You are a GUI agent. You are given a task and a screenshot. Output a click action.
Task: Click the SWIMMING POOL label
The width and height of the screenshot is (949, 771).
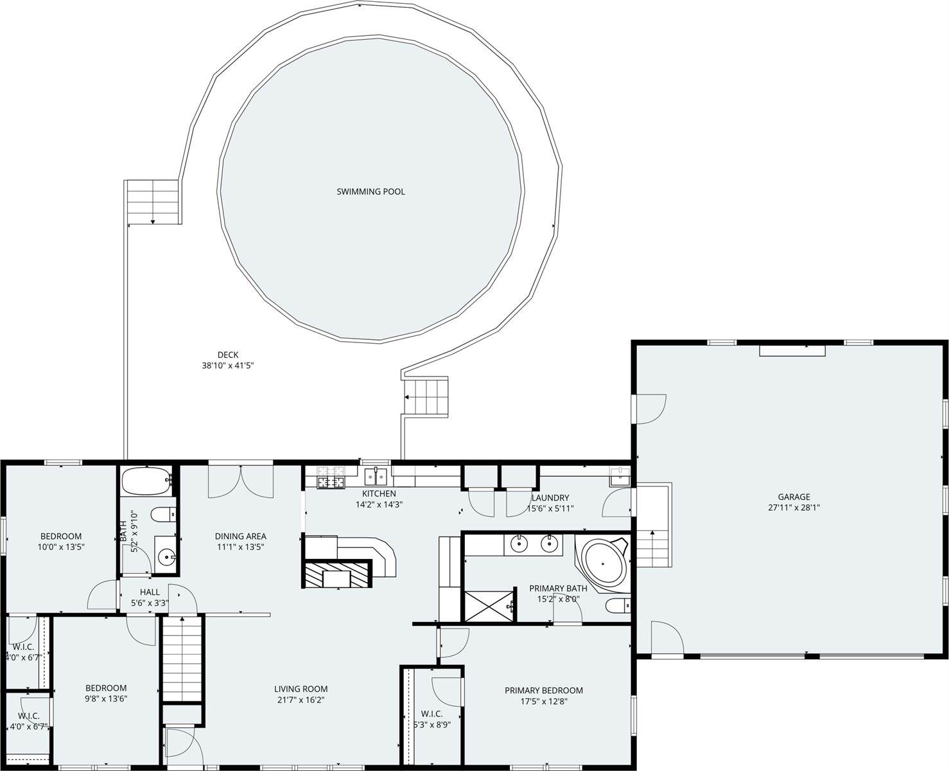[370, 191]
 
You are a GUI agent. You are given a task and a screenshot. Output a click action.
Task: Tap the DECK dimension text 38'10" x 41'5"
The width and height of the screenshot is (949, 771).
[228, 366]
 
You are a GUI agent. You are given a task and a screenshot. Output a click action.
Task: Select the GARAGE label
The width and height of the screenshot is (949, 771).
[794, 497]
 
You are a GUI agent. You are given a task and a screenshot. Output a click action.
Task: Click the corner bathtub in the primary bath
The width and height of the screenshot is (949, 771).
[602, 563]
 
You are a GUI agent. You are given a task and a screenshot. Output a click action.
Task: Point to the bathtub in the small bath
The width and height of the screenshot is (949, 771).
[146, 481]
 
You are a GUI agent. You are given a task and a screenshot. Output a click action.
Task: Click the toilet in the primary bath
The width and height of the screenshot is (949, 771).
[618, 606]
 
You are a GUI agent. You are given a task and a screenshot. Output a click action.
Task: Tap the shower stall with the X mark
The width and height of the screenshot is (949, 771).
[489, 606]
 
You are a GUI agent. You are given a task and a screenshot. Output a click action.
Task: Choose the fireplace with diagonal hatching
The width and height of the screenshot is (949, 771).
[337, 573]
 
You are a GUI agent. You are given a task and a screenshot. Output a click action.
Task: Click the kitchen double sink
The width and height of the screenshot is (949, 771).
[375, 477]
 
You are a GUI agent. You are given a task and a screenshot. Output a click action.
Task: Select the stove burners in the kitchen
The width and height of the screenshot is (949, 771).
[331, 477]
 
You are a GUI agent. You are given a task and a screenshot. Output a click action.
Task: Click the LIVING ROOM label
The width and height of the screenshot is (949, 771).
[300, 689]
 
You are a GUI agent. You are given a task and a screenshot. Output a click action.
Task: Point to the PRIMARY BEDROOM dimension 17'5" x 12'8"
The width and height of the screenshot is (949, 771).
[544, 702]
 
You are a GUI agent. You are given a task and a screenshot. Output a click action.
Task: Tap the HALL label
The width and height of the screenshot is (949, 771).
[150, 592]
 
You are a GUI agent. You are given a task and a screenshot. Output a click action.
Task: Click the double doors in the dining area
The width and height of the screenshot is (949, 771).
[241, 481]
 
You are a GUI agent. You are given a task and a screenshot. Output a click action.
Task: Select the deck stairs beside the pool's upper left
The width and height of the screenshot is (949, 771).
[153, 202]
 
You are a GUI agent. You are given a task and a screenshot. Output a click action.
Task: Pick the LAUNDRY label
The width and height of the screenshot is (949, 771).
[550, 497]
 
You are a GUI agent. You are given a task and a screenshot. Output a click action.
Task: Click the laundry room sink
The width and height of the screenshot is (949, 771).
[620, 477]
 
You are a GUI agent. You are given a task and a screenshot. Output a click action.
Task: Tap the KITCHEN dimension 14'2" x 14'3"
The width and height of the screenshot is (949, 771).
[379, 504]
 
